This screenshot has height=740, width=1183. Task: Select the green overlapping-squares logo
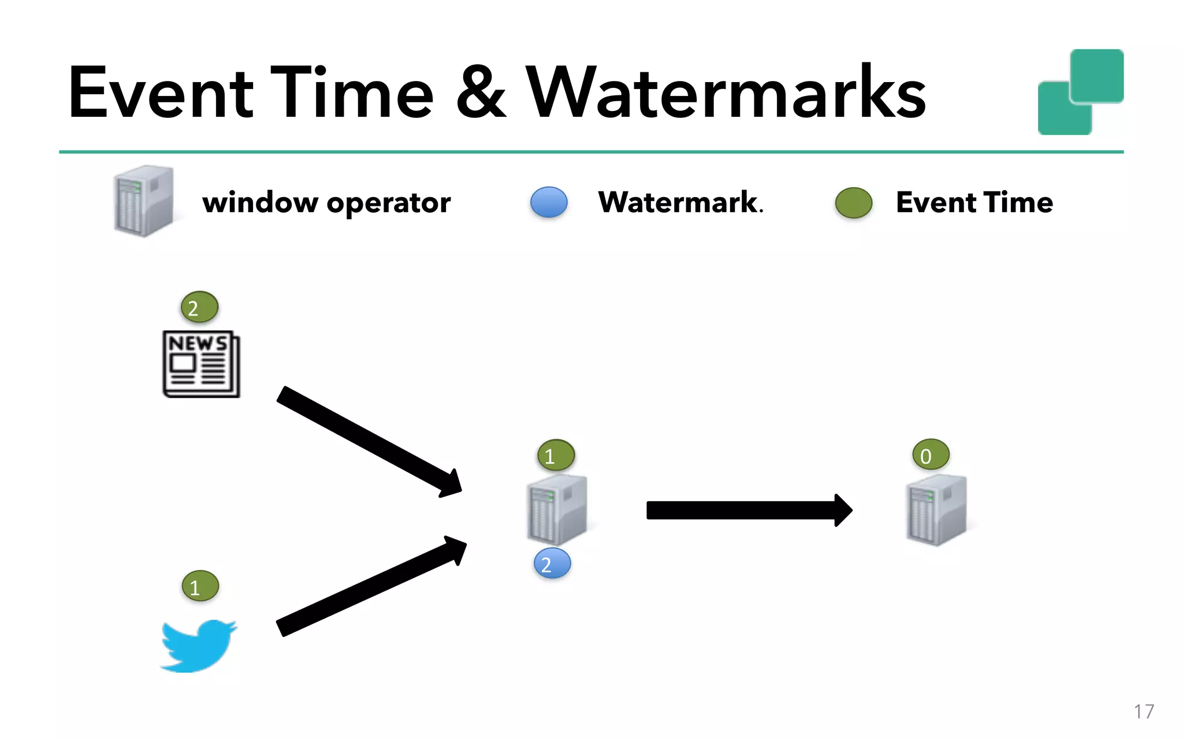1080,92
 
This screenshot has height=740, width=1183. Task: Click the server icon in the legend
144,201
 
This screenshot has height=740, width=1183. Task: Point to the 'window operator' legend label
326,203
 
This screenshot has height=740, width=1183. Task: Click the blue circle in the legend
549,202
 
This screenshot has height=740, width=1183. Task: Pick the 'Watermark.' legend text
680,203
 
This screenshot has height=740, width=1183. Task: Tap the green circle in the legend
853,203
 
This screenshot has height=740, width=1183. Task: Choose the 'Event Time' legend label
974,203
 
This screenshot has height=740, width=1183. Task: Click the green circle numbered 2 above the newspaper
199,307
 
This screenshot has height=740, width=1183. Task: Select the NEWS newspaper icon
201,364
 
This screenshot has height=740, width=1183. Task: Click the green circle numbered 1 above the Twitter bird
200,586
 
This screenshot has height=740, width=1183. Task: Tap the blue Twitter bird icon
198,645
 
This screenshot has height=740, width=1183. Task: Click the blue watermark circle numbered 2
552,564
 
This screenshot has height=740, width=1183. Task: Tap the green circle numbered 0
931,455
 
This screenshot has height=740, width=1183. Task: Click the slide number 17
1144,712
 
